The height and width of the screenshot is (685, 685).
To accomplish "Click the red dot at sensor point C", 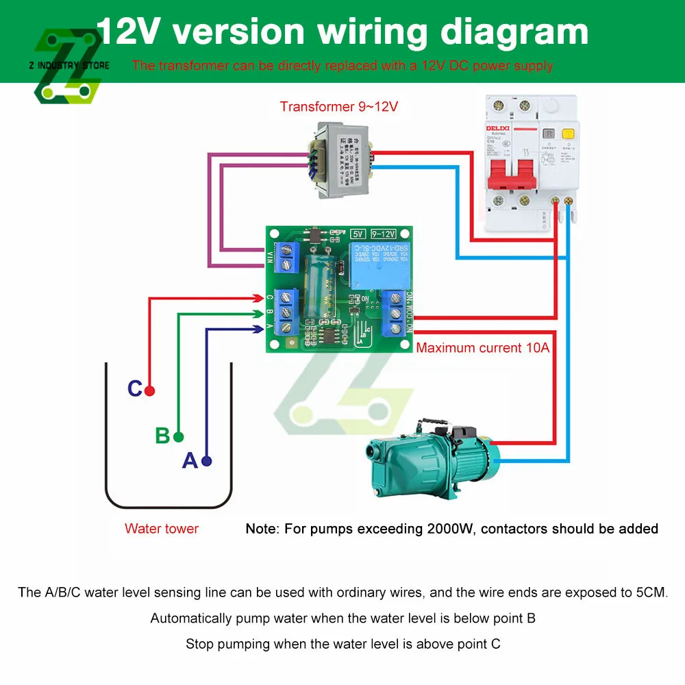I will tap(150, 390).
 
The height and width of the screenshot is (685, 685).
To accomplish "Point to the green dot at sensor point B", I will tap(179, 436).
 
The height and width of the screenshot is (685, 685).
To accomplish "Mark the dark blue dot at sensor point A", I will tap(207, 462).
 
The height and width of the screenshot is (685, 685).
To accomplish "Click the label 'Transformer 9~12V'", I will tap(338, 107).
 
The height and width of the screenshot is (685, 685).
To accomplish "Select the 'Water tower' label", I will tap(162, 529).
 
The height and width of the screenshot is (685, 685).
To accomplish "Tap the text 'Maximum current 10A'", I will tap(483, 348).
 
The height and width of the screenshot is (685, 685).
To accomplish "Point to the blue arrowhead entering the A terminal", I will tap(258, 329).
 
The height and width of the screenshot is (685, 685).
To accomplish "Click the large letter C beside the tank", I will tap(135, 389).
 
